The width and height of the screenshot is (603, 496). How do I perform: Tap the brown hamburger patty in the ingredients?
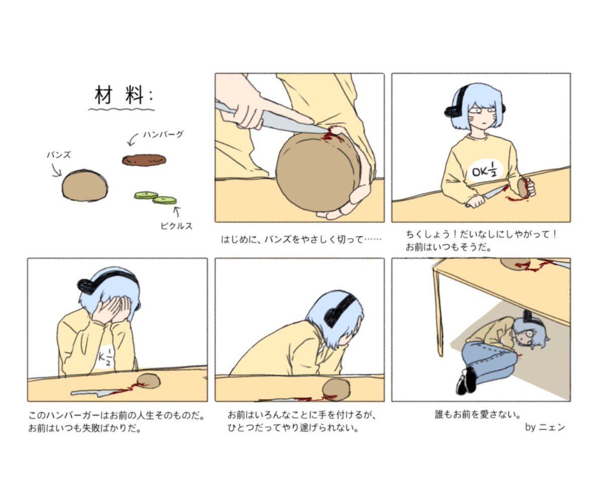144,160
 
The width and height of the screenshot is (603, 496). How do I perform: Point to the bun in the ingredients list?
84,185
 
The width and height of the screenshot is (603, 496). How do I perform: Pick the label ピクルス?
176,226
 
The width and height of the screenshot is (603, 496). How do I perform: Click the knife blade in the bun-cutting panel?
281,121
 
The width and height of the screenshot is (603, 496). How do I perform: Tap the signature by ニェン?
545,428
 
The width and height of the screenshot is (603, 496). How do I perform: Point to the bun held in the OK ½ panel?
523,188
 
